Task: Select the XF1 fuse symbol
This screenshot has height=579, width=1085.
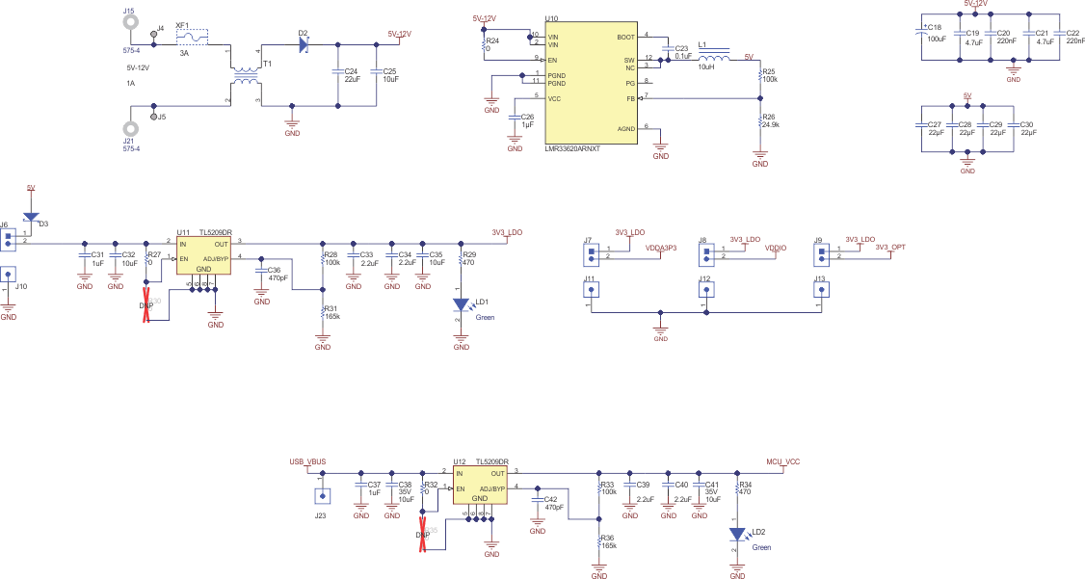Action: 196,39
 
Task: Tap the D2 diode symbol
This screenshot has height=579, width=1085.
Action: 304,44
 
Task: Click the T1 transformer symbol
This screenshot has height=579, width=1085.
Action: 246,74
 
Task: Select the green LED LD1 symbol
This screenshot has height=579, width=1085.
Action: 461,304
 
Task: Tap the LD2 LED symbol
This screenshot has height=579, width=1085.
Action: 737,534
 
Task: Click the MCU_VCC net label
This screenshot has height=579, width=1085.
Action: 781,461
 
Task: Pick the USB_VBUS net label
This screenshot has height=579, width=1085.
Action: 307,462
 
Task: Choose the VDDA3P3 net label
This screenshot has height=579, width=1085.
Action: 660,248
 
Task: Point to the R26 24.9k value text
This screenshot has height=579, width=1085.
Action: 770,125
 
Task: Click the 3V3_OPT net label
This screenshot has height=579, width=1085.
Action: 889,248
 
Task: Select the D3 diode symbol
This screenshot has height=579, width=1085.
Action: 30,218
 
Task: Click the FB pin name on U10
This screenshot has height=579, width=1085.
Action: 630,98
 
